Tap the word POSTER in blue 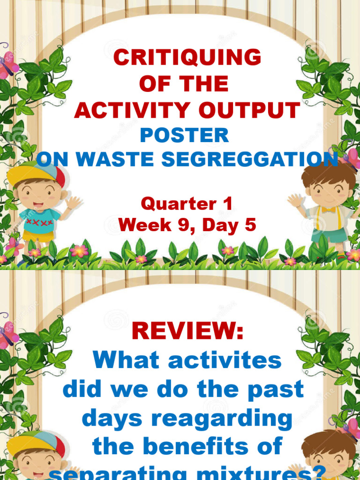(185, 136)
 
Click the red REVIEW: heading (187, 331)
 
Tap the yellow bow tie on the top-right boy (328, 209)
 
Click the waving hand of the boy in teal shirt (74, 203)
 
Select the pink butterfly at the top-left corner (7, 66)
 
